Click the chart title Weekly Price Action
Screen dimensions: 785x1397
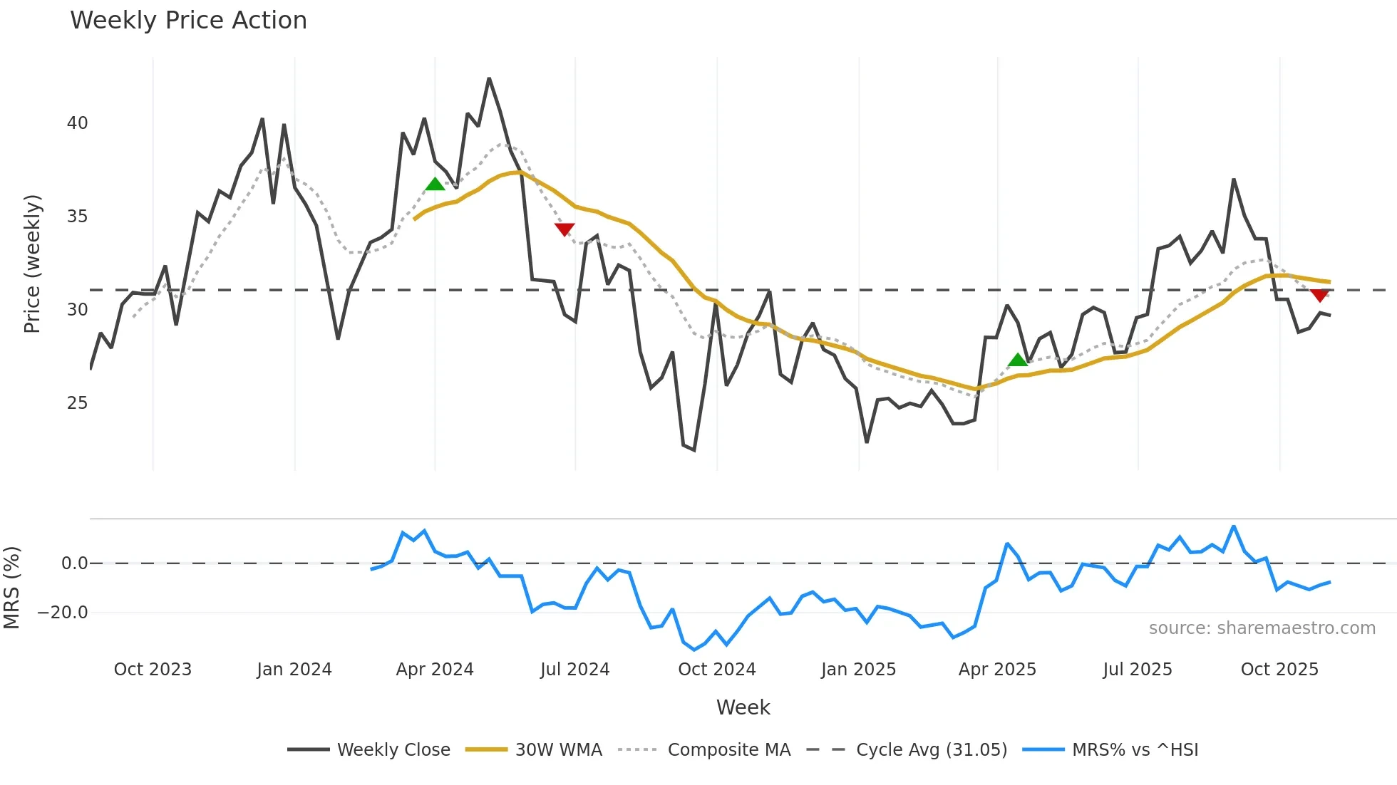coord(188,21)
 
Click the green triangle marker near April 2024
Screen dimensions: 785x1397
coord(435,184)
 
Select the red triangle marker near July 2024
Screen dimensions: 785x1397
coord(565,229)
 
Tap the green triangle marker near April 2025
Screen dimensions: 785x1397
coord(1018,360)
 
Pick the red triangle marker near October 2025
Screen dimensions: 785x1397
coord(1319,295)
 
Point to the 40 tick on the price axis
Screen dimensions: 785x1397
coord(77,123)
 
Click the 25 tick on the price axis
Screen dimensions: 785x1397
coord(77,403)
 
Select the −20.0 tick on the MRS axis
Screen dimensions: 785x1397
coord(63,613)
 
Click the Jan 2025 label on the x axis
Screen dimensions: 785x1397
coord(858,670)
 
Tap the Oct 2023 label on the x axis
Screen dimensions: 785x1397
coord(153,670)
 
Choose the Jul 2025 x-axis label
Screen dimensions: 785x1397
coord(1137,670)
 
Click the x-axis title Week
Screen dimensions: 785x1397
coord(743,707)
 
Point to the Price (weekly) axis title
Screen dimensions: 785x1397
coord(32,264)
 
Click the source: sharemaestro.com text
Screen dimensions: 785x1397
coord(1262,628)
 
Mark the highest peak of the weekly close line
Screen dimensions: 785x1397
coord(489,78)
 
